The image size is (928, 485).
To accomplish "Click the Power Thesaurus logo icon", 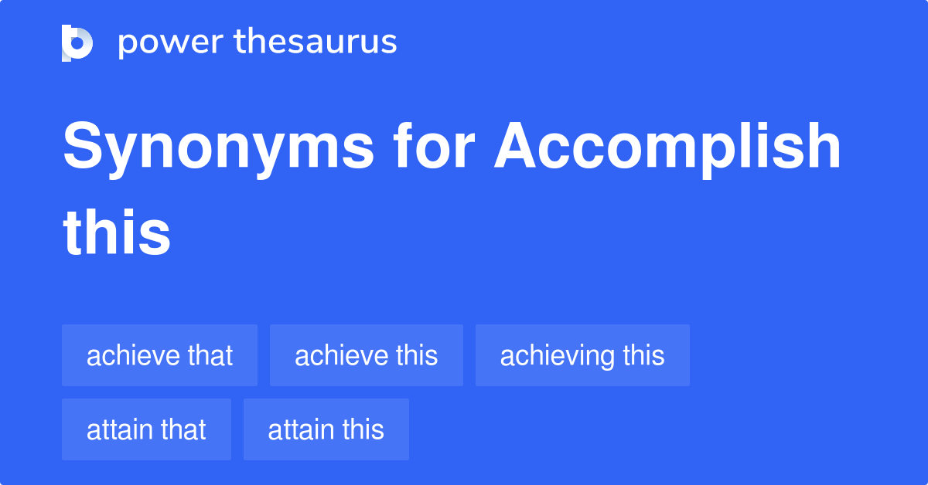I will [x=77, y=42].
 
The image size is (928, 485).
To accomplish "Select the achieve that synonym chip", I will [x=159, y=355].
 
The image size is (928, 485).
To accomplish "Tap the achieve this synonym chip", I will [x=366, y=355].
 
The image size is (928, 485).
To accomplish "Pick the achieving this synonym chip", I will [x=582, y=355].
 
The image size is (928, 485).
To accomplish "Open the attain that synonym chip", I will [x=146, y=429].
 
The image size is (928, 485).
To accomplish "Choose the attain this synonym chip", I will [x=326, y=429].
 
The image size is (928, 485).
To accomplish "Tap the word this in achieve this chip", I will [x=417, y=355].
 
